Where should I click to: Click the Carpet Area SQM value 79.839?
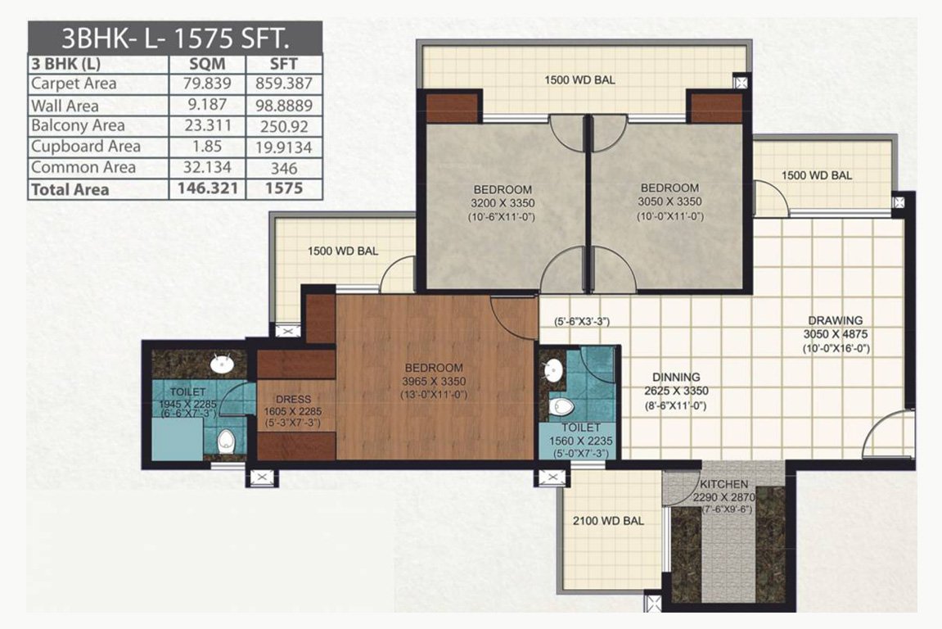point(207,84)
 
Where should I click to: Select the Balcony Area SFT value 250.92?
point(284,126)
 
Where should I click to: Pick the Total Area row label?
point(70,189)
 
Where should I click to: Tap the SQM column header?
point(207,64)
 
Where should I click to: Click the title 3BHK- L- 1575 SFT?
point(175,38)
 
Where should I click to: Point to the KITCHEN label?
point(724,484)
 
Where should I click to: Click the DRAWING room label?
point(835,320)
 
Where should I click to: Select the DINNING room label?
point(676,377)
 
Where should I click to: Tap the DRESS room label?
point(293,400)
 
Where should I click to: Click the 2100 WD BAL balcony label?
point(608,521)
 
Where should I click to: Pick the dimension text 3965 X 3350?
point(435,381)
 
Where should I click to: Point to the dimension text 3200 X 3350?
point(503,203)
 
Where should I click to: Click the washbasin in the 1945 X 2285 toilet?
point(223,364)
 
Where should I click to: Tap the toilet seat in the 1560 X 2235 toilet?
point(562,407)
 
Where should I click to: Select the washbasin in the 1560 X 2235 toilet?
point(553,371)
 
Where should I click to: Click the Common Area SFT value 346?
point(284,169)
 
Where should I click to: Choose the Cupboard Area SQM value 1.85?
point(207,147)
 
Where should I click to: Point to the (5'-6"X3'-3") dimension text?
point(582,322)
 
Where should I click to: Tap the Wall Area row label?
point(65,106)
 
